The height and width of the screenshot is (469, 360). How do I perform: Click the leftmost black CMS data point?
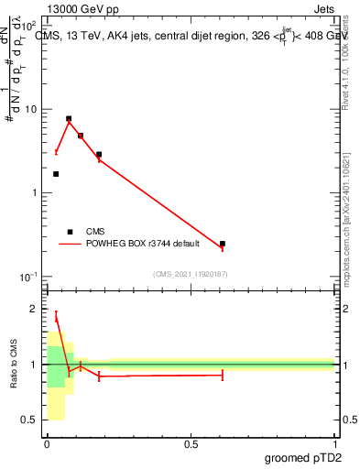tap(56, 174)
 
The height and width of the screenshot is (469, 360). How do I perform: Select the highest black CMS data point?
tap(69, 118)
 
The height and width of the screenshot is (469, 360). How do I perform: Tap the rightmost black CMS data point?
tap(223, 244)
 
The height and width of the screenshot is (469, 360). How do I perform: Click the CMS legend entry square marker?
tap(70, 232)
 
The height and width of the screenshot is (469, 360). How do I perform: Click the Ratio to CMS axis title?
tap(14, 365)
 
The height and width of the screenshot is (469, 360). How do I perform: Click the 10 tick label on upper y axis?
tap(28, 109)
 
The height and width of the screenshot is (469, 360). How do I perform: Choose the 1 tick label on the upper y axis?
tap(33, 193)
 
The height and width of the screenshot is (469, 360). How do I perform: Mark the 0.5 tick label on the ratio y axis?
tap(28, 420)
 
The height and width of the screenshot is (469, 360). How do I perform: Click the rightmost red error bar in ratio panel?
tap(223, 375)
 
